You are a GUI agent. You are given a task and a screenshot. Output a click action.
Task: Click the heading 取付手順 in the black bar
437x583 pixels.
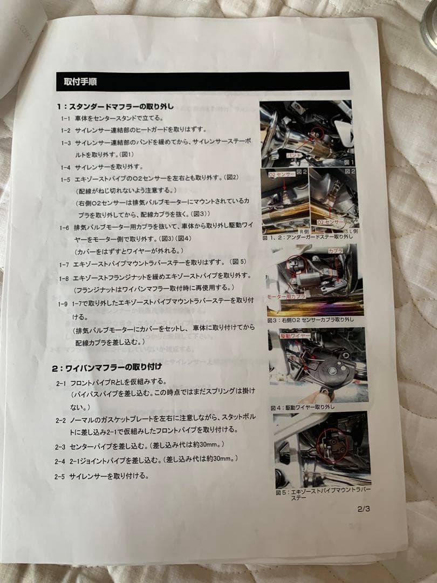pos(80,82)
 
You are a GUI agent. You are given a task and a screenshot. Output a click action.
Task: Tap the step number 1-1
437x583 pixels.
pos(66,118)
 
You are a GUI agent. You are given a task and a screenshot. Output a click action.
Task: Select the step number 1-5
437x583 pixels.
pos(65,179)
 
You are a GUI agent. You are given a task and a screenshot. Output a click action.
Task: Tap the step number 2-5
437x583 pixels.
pos(60,477)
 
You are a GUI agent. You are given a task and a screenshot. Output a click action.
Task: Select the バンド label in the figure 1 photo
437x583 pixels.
pos(295,155)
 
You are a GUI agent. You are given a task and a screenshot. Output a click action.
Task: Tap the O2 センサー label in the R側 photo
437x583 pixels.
pos(279,175)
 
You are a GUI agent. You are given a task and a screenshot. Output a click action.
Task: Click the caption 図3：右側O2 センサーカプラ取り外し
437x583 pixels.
pos(310,320)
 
